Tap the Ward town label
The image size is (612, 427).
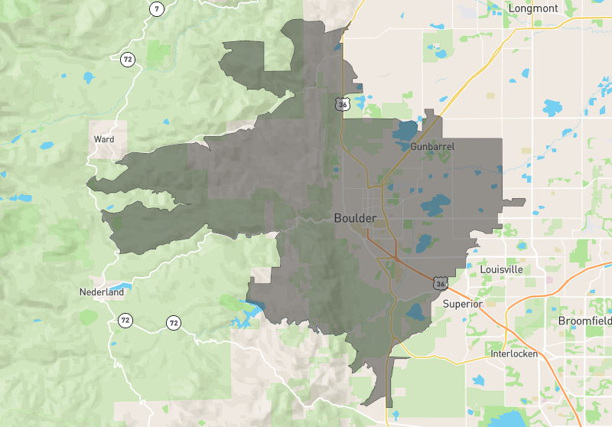[x=103, y=139]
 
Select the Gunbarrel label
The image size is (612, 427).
[x=433, y=145]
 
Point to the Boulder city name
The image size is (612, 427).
[x=355, y=218]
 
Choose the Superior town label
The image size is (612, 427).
[x=462, y=304]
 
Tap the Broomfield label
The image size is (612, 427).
[x=584, y=320]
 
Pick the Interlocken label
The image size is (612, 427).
[x=513, y=354]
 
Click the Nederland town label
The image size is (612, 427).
[x=101, y=292]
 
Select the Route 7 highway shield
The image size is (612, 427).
[x=156, y=9]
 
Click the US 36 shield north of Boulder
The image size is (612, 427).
[x=341, y=103]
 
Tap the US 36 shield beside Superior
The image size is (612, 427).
[x=440, y=284]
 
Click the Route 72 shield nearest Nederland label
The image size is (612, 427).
[x=125, y=321]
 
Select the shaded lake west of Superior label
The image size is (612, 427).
[x=416, y=311]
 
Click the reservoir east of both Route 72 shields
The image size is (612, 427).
[x=245, y=314]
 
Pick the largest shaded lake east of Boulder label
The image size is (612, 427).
[x=435, y=204]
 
